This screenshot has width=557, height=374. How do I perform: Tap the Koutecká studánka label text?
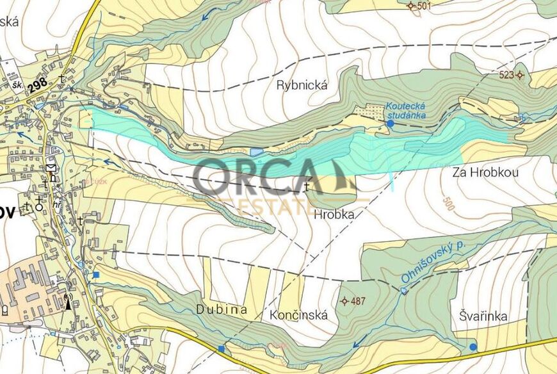(x=406, y=111)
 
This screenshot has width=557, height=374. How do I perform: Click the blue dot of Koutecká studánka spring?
(x=391, y=123)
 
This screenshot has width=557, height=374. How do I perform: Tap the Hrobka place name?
(x=334, y=216)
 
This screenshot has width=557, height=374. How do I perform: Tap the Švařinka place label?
(x=483, y=316)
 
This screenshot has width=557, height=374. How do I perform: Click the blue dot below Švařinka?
(x=472, y=347)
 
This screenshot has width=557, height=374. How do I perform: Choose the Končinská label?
(x=298, y=315)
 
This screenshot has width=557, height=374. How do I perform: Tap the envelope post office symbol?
(x=51, y=168)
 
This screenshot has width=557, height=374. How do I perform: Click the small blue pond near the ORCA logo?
(x=257, y=152)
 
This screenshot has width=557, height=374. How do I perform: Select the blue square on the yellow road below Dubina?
(x=222, y=348)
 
